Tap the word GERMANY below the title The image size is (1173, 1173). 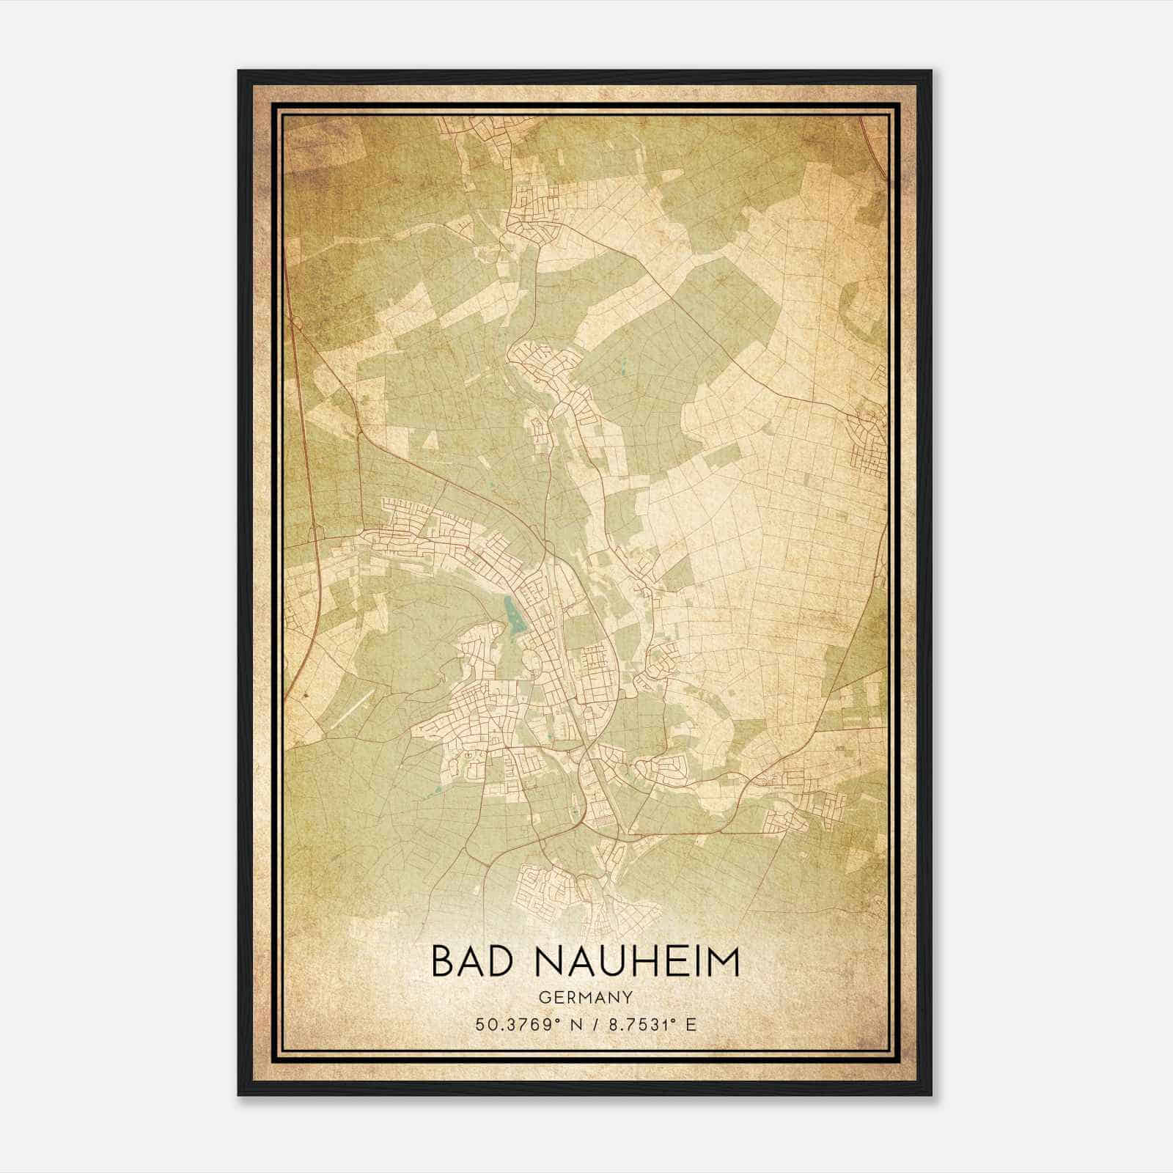[x=586, y=998]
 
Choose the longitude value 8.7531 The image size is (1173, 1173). [x=634, y=1025]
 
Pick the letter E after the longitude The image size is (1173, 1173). [x=691, y=1025]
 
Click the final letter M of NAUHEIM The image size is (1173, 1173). [x=723, y=963]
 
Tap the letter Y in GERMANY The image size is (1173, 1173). [x=628, y=998]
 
